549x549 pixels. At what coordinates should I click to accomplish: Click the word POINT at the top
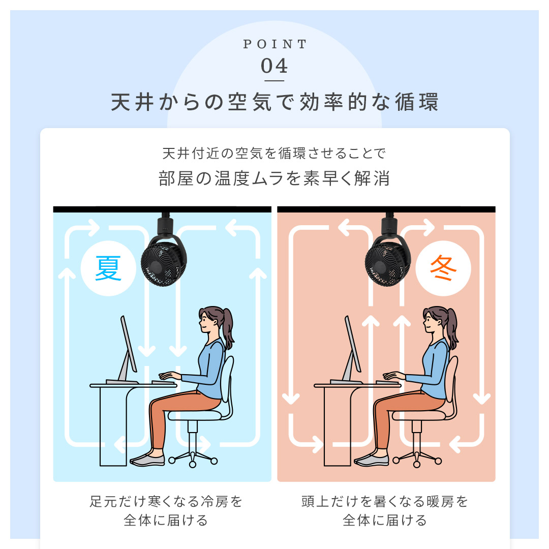[274, 44]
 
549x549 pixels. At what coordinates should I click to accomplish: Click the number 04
[274, 66]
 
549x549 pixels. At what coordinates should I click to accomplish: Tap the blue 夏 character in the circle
[108, 268]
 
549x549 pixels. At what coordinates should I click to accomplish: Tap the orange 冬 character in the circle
[443, 268]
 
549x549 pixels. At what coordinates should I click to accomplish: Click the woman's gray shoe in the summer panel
[147, 459]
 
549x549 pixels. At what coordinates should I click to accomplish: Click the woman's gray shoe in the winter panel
[372, 459]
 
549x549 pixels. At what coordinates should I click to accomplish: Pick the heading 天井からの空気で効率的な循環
[274, 102]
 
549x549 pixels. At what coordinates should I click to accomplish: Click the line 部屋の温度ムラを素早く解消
[274, 178]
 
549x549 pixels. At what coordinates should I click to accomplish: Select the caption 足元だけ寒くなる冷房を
[166, 501]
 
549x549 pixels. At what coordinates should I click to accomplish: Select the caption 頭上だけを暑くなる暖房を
[384, 501]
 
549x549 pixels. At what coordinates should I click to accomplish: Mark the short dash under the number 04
[274, 81]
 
